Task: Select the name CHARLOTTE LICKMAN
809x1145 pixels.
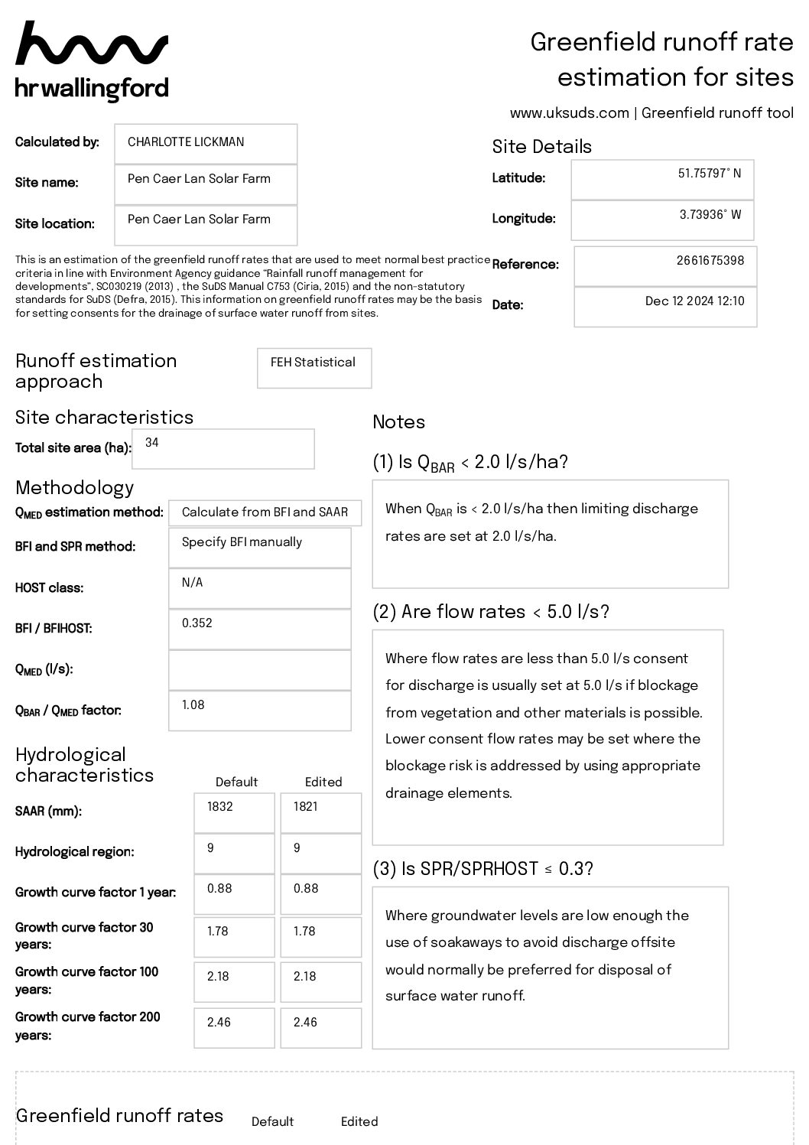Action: click(x=186, y=142)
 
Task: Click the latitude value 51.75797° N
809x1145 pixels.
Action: click(x=709, y=174)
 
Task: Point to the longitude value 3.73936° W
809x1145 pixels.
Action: click(x=710, y=215)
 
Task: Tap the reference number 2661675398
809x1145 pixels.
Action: click(x=710, y=260)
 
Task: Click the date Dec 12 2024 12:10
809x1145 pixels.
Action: click(x=694, y=301)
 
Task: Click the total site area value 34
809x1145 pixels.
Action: click(x=152, y=443)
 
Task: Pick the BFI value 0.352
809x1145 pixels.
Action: click(x=197, y=623)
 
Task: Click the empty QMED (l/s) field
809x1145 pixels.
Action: click(x=259, y=670)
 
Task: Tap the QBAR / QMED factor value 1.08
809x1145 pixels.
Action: click(x=193, y=705)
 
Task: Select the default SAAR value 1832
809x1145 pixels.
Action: click(x=219, y=807)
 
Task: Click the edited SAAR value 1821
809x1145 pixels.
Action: click(x=306, y=807)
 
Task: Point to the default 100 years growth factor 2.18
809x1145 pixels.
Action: click(x=219, y=977)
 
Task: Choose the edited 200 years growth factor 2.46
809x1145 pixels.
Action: click(x=305, y=1023)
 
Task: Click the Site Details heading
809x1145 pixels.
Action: click(x=541, y=147)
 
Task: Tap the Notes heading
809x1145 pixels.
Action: click(x=398, y=422)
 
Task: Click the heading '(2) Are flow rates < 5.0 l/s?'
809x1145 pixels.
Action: click(x=491, y=612)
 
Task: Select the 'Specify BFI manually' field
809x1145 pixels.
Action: click(x=242, y=542)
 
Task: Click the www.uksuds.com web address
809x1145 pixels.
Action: click(x=569, y=113)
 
